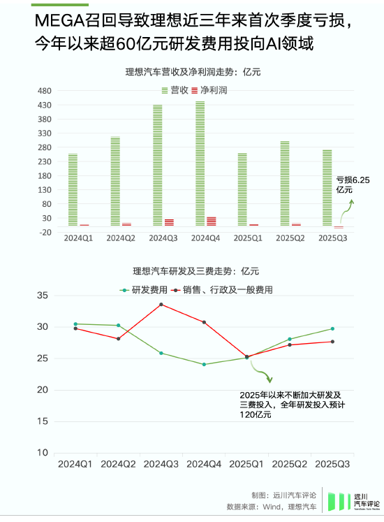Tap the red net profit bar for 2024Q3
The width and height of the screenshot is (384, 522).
[x=169, y=222]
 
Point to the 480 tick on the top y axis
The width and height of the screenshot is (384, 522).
[x=45, y=91]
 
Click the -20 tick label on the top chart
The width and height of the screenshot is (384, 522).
[x=45, y=232]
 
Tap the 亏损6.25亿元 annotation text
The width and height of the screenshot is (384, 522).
[x=353, y=184]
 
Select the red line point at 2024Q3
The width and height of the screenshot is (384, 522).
[x=161, y=305]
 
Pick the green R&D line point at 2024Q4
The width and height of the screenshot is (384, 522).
[x=204, y=364]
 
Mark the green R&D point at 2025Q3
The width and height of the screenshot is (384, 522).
[x=332, y=328]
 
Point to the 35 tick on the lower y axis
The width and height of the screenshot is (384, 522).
[x=43, y=296]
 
